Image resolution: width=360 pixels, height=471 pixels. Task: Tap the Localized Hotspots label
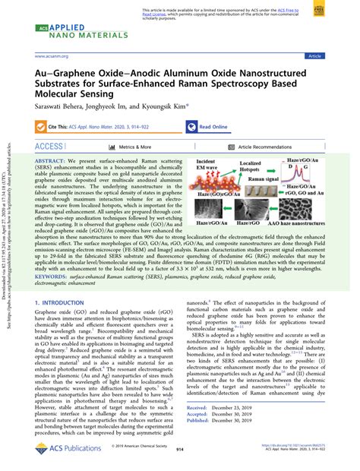[250, 167]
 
